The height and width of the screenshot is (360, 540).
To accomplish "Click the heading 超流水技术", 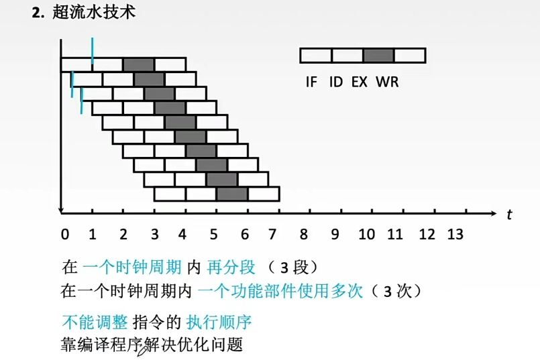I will [x=93, y=13].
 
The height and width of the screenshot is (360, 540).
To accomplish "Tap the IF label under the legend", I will [x=311, y=82].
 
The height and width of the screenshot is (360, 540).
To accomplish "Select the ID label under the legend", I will [x=336, y=82].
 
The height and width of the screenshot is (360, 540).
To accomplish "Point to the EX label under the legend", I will [x=360, y=82].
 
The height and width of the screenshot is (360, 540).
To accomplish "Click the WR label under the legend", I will [x=387, y=82].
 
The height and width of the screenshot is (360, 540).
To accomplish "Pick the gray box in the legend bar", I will [x=378, y=55].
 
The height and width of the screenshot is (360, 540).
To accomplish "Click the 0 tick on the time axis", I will [x=64, y=235].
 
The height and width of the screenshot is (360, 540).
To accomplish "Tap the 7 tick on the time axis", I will [x=272, y=235].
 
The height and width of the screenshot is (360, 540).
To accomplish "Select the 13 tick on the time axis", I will [x=455, y=235].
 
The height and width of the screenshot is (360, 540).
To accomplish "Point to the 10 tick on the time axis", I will [x=366, y=235].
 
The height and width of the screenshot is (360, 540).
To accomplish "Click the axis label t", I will [x=510, y=215].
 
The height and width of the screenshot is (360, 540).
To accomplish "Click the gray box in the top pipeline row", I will [x=139, y=64].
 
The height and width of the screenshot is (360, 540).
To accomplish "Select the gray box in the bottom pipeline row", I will [x=232, y=194].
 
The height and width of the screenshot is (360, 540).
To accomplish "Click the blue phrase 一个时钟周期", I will [x=131, y=267].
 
